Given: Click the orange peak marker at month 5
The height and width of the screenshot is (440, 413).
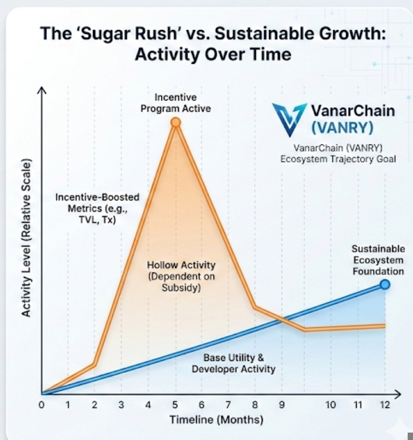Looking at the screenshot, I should (176, 123).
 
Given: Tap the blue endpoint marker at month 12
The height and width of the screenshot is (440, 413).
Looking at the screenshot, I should (385, 285).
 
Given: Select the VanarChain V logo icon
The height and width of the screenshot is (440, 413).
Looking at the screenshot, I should (289, 119).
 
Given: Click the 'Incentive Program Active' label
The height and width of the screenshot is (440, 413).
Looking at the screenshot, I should (175, 103).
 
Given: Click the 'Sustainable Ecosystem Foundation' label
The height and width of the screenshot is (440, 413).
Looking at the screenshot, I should (377, 260).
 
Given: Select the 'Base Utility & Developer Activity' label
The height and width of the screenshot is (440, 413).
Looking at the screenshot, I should (234, 363).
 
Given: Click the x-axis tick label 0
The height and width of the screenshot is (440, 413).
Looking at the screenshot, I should (41, 406).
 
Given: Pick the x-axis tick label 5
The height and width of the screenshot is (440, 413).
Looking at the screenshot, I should (175, 406).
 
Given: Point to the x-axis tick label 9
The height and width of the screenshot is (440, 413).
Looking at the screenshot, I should (282, 406).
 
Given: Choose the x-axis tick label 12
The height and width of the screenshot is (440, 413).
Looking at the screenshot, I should (385, 406).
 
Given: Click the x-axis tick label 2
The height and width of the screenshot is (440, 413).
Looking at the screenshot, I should (94, 406).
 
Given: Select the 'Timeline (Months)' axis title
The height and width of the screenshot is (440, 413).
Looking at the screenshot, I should (216, 420).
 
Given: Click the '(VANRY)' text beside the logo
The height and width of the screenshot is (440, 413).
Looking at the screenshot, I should (342, 128).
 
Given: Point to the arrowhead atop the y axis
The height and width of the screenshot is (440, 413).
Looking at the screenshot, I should (41, 91).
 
